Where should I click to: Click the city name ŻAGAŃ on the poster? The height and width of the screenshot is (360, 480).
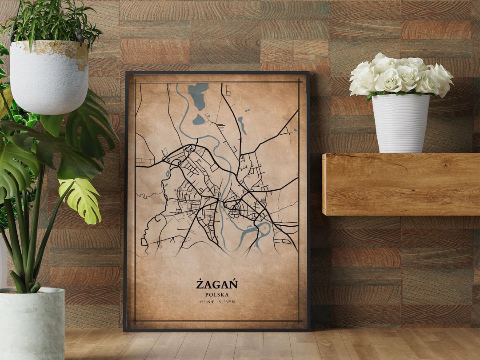[217, 284]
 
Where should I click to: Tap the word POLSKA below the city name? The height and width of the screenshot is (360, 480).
[217, 294]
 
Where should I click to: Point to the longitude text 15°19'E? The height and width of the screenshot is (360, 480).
[207, 302]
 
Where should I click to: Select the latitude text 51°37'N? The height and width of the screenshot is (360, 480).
[227, 302]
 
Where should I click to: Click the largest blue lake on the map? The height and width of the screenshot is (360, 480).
[198, 94]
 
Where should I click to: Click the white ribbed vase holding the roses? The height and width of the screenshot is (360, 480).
[400, 123]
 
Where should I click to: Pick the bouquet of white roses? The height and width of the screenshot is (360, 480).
[400, 76]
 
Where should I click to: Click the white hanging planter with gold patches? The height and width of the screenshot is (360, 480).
[49, 78]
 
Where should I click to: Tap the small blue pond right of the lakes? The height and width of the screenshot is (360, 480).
[242, 125]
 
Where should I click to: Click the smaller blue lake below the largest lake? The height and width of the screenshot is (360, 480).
[199, 120]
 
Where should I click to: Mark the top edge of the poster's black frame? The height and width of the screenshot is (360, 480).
[217, 72]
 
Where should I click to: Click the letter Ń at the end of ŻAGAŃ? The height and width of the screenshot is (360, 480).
[233, 284]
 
